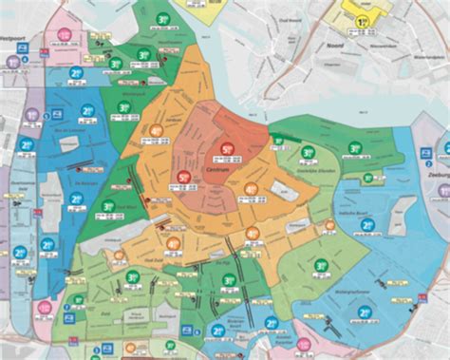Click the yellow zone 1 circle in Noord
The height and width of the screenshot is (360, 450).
tap(362, 22)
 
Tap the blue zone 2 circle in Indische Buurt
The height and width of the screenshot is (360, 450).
tap(368, 225)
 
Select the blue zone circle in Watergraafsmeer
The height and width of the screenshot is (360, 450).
tap(366, 311)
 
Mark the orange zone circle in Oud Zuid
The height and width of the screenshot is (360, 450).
tap(174, 243)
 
